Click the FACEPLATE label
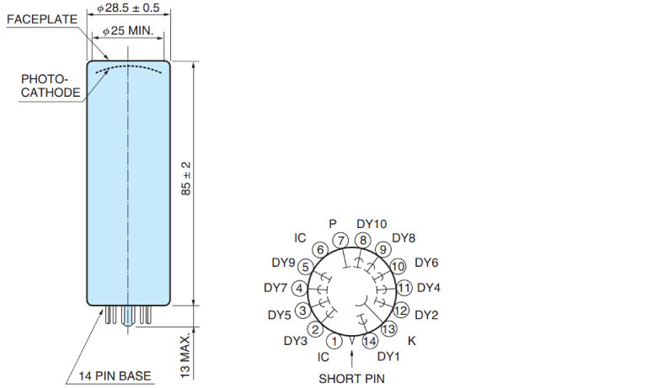coord(42,19)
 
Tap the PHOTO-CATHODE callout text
coord(51,86)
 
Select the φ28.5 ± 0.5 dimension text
coord(128,8)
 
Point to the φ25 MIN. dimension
coord(128,30)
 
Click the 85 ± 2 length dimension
coord(186,178)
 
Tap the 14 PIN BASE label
coord(115,376)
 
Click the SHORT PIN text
coord(351,379)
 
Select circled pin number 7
coord(341,241)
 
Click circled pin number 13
coord(388,328)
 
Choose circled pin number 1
coord(334,341)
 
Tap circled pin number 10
coord(398,266)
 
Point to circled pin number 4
coord(300,288)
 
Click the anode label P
coord(333,224)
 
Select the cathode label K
coord(411,341)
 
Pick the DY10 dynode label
coord(372,224)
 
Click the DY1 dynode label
coord(388,356)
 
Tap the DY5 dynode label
coord(280,315)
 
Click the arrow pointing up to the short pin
coord(351,359)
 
